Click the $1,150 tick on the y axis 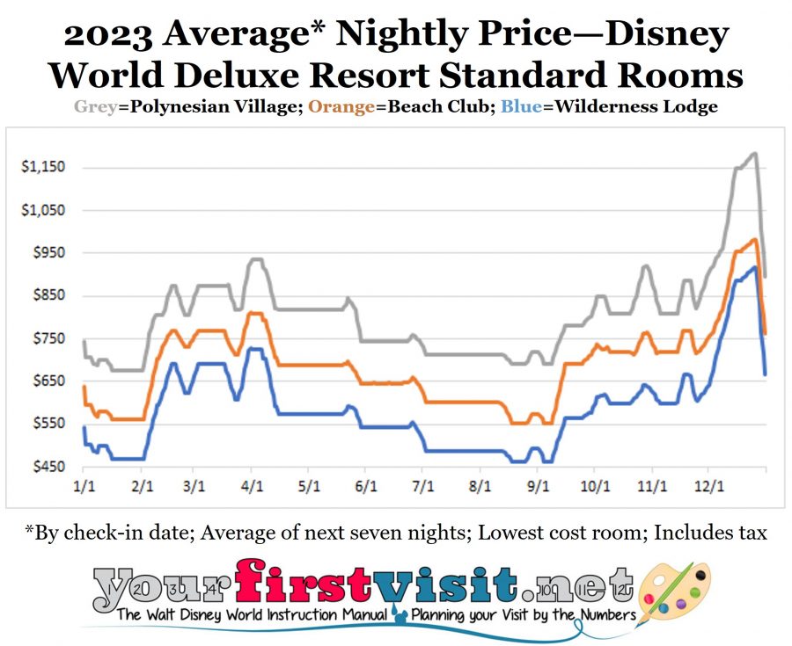(x=41, y=167)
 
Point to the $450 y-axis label (x=44, y=467)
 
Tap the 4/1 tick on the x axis (x=252, y=485)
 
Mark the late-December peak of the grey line (x=754, y=154)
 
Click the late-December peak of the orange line (x=754, y=239)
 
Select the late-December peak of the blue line (x=754, y=267)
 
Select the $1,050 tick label (x=41, y=210)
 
